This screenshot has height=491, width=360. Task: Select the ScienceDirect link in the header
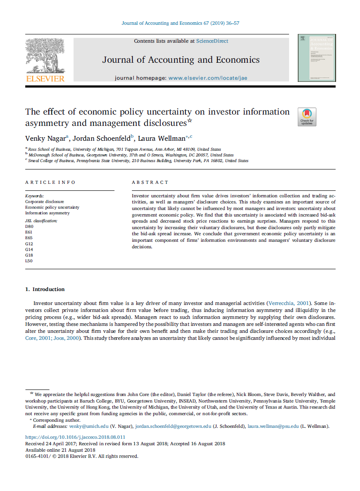click(212, 41)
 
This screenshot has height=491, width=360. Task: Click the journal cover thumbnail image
click(316, 58)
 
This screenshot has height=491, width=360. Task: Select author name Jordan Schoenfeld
click(101, 139)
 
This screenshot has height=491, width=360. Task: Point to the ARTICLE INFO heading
click(50, 182)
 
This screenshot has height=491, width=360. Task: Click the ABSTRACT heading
click(150, 182)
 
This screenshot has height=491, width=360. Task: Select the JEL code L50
click(29, 261)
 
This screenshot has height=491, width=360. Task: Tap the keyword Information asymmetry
click(47, 213)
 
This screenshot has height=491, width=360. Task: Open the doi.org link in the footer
click(75, 437)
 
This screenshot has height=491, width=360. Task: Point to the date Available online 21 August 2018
click(60, 450)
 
